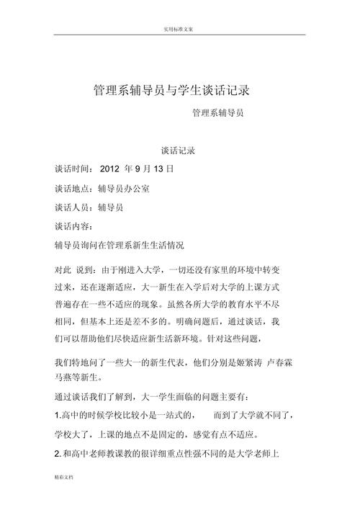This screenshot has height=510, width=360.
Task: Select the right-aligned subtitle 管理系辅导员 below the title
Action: pos(218,113)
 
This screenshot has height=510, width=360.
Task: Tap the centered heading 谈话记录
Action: pos(179,151)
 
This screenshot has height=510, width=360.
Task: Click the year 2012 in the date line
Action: pos(109,170)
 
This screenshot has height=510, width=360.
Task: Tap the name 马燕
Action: pos(63,376)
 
